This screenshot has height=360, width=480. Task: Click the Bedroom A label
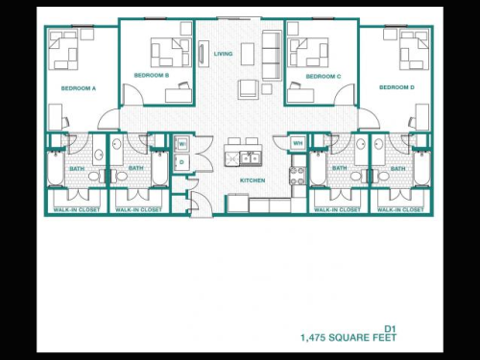point(79,87)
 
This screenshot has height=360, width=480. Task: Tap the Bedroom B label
point(151,75)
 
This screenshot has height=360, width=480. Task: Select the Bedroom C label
point(324,76)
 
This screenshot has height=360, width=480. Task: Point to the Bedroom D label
point(396,87)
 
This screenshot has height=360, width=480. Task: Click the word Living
point(223,54)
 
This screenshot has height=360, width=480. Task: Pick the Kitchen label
point(252,180)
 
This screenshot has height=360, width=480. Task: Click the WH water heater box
point(298,143)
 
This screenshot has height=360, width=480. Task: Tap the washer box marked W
point(181,145)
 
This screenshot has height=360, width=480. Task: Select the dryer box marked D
point(181,162)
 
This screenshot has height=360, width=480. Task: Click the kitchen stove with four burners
point(298,175)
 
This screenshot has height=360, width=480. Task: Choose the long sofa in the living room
point(271,48)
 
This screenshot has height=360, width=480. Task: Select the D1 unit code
point(390,326)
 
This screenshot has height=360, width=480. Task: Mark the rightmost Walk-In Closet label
point(398,208)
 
